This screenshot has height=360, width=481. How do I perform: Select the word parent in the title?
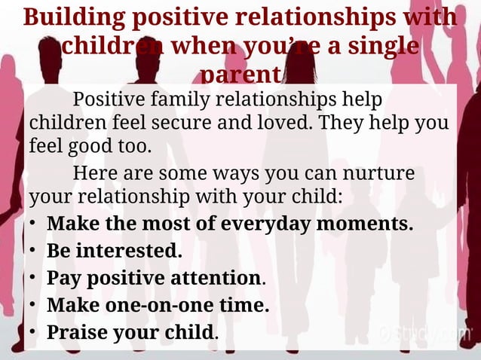[x=240, y=75]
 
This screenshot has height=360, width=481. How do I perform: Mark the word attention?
[x=212, y=278]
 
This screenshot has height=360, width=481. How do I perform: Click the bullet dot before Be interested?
[x=33, y=252]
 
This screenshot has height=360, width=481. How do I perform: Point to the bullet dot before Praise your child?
[x=33, y=333]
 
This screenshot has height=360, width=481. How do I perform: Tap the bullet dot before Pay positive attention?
[x=33, y=279]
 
